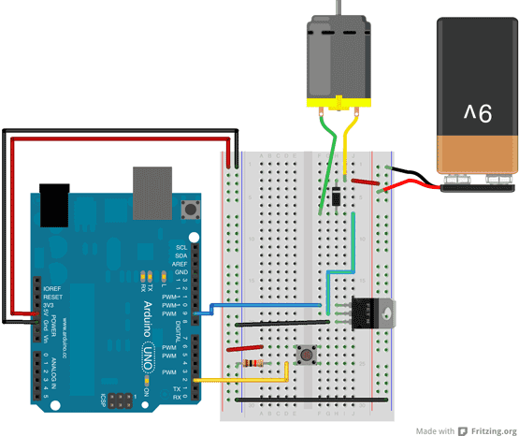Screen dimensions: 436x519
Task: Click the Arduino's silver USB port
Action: point(152,191)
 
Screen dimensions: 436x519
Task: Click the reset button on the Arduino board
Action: point(195,208)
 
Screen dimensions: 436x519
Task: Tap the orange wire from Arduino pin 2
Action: point(243,381)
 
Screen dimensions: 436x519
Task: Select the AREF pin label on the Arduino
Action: point(180,264)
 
